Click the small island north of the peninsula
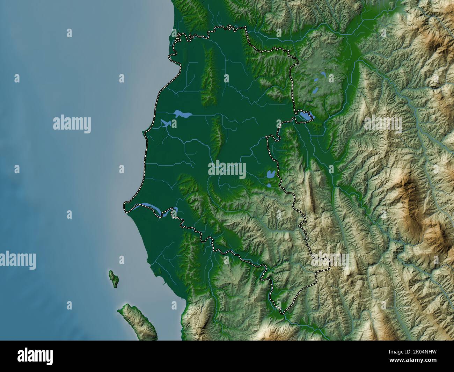click(113, 278)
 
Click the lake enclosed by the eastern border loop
click(305, 116)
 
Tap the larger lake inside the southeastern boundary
click(270, 174)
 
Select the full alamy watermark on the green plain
click(227, 170)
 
